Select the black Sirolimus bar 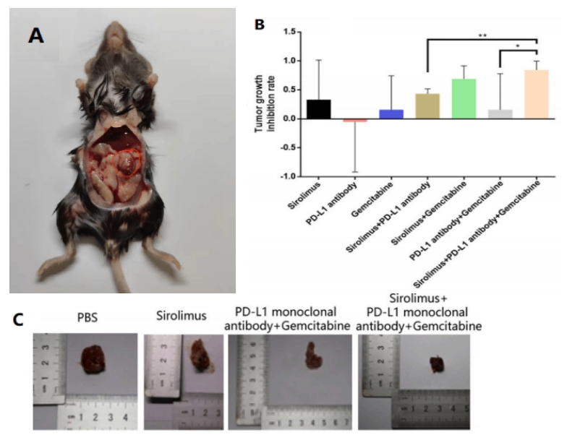[318, 109]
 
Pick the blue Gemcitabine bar [391, 114]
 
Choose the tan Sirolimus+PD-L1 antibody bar [427, 106]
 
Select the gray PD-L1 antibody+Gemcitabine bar [500, 114]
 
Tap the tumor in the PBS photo [93, 360]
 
